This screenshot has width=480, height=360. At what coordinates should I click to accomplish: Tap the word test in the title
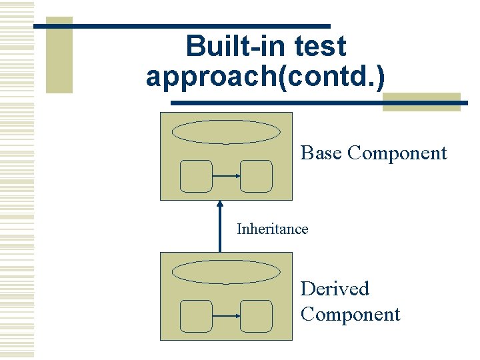point(319,47)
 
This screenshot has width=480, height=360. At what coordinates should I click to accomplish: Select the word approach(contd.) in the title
point(265,76)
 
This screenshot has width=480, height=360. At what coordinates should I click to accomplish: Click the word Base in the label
point(321,153)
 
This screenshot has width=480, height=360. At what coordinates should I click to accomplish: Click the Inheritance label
point(272,229)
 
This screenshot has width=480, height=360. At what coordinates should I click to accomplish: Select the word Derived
point(334,289)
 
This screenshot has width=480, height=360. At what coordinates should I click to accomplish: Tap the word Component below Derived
point(350,314)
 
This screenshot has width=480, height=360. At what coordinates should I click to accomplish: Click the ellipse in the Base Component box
point(226,132)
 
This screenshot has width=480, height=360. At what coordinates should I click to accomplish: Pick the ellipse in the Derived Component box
point(226,272)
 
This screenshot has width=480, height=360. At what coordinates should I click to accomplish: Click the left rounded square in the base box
point(196,176)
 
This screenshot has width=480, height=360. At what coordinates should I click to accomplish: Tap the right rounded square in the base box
point(256,176)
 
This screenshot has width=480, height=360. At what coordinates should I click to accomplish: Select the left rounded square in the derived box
point(196,316)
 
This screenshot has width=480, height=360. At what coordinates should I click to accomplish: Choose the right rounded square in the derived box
point(256,316)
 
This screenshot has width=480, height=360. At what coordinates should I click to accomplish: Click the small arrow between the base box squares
point(226,176)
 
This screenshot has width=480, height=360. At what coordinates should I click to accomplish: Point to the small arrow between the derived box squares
point(226,316)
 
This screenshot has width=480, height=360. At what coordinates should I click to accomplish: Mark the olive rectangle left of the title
point(59,55)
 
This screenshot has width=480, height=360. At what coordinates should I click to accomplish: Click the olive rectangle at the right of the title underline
point(421,101)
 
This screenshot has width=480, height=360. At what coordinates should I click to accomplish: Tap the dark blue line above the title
point(181,26)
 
